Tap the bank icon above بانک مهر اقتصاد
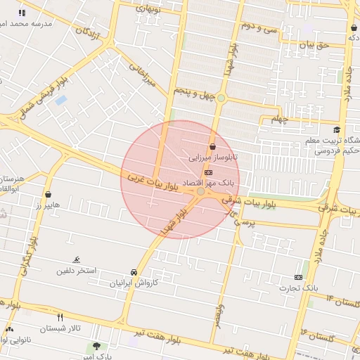(208, 172)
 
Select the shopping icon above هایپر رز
(48, 194)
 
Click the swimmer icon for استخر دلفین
(77, 260)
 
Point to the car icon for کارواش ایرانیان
(134, 272)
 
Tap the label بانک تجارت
(298, 288)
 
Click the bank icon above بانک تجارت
(298, 277)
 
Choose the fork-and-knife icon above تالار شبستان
(60, 317)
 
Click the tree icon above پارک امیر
(96, 346)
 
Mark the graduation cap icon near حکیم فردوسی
(337, 130)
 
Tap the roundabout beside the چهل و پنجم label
(221, 98)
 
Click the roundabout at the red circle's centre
(201, 191)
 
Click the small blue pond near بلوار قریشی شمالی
(61, 100)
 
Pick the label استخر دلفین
(76, 271)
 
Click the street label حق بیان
(314, 44)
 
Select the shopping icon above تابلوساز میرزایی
(212, 146)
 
